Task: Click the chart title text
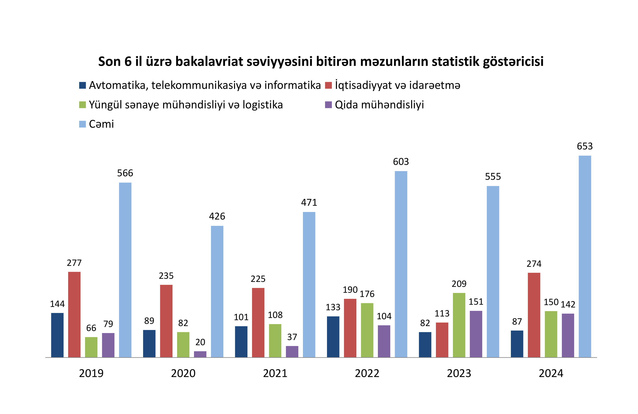321,61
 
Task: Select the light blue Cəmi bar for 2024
585,256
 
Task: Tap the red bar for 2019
74,314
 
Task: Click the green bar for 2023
459,325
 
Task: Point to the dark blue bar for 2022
333,337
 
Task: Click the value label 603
401,162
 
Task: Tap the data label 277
74,263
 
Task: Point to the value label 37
292,337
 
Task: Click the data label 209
459,284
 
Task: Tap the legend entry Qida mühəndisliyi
379,105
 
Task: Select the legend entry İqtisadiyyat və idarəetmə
397,85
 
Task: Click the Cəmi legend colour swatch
82,124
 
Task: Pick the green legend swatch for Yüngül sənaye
82,105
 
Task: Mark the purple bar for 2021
292,351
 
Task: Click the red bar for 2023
442,340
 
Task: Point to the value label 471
309,202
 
